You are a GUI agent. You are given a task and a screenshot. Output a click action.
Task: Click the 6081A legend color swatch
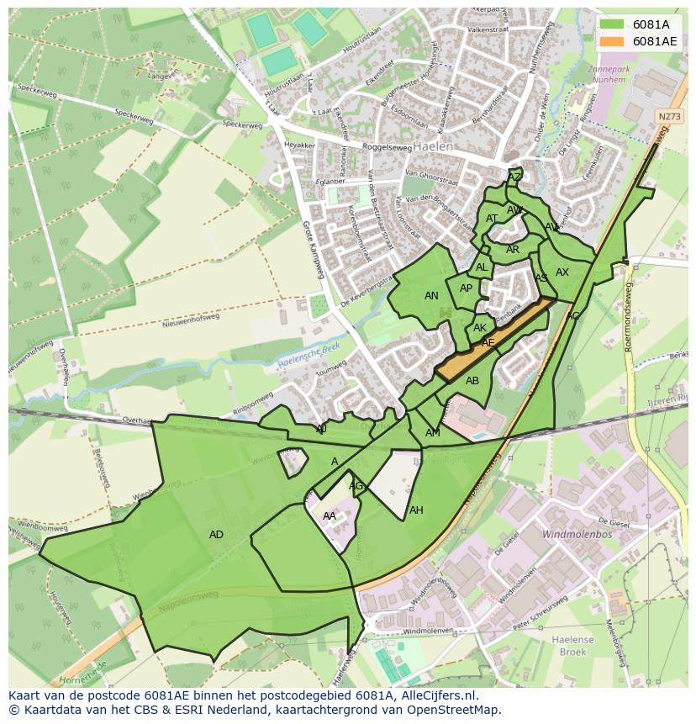(611, 24)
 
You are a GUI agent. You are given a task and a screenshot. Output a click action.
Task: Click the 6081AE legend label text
(655, 40)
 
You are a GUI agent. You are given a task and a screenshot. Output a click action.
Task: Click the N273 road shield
(669, 117)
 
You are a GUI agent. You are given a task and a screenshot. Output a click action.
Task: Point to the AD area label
(216, 535)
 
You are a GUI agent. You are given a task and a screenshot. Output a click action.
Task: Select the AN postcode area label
(431, 296)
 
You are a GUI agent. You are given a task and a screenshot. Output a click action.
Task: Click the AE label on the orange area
(488, 343)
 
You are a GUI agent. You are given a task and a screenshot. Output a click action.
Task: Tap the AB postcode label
(472, 381)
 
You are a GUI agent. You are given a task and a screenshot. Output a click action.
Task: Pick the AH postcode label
(416, 510)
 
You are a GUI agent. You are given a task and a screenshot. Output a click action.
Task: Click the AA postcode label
(330, 516)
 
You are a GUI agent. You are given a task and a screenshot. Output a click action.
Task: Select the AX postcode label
(562, 272)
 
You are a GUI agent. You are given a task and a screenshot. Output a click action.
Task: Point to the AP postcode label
(466, 288)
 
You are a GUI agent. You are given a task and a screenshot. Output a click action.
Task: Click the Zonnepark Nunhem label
(607, 75)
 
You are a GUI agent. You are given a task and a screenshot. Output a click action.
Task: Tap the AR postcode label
(513, 250)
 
